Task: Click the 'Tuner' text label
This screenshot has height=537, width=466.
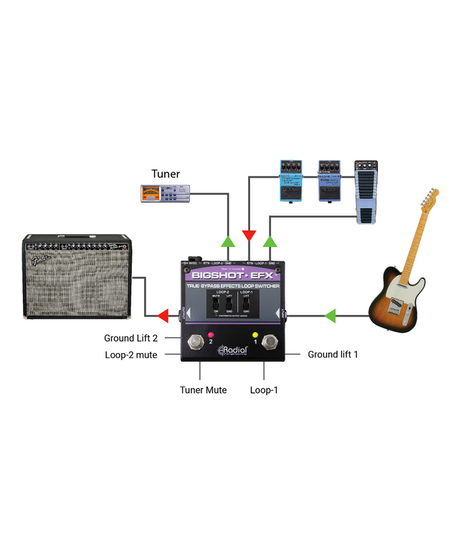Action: pyautogui.click(x=166, y=173)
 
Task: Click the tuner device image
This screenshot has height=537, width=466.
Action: pyautogui.click(x=166, y=193)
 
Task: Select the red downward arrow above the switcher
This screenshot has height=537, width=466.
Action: pyautogui.click(x=249, y=236)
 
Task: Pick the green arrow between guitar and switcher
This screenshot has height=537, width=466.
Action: pyautogui.click(x=330, y=314)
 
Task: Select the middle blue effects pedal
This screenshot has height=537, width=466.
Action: pyautogui.click(x=331, y=181)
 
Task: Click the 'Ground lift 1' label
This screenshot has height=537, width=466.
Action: pyautogui.click(x=333, y=354)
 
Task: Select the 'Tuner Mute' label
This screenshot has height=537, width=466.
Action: pyautogui.click(x=203, y=390)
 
